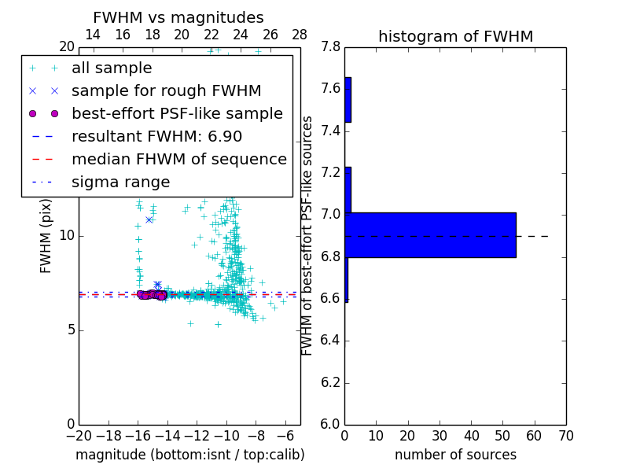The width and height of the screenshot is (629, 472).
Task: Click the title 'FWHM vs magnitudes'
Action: click(178, 18)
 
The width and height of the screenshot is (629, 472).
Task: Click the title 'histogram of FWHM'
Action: click(455, 37)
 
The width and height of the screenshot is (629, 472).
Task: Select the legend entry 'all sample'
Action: click(112, 68)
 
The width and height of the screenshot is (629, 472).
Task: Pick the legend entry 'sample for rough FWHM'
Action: click(166, 91)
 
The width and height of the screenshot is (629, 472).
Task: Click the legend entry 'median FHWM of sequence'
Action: click(178, 160)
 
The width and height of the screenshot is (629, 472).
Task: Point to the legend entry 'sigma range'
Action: click(120, 183)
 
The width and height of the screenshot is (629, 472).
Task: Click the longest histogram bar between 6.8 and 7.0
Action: click(430, 235)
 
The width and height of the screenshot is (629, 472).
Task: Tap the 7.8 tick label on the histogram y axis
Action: click(330, 47)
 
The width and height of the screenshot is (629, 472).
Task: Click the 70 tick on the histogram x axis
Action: click(565, 435)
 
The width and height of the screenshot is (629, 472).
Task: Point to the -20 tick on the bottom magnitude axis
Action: click(79, 435)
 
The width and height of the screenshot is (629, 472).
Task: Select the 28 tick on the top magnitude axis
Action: click(300, 35)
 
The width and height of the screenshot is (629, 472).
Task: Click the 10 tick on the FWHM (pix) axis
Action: click(67, 236)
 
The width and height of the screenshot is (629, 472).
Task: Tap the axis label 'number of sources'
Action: click(455, 455)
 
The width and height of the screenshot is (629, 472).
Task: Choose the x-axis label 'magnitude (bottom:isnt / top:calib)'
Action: click(189, 455)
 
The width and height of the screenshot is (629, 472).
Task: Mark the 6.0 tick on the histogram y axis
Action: click(330, 424)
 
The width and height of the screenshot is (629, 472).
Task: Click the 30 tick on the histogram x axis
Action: click(440, 435)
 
